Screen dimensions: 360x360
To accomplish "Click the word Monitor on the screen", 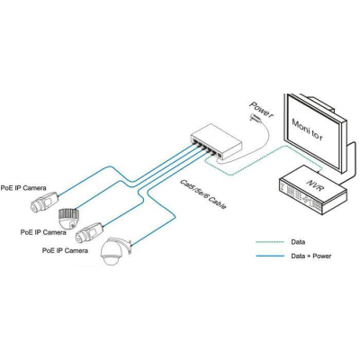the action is (x=308, y=130).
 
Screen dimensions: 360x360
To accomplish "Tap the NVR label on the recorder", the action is (x=315, y=184).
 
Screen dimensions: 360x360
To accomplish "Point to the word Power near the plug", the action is (x=261, y=110).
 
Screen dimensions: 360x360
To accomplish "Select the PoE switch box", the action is (x=216, y=141).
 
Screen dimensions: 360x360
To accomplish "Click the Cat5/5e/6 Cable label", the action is (x=202, y=194).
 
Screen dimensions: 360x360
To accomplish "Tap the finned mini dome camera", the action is (x=69, y=219).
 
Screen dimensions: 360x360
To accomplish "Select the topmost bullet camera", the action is (x=44, y=202).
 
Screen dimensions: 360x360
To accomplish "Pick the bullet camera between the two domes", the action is (x=89, y=232).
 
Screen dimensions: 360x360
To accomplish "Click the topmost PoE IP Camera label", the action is (x=23, y=188).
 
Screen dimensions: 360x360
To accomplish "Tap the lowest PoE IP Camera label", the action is (x=65, y=250).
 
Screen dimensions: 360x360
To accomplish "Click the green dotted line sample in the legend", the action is (x=270, y=242).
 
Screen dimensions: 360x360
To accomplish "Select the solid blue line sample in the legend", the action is (x=270, y=256).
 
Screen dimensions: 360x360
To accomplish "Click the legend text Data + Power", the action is (x=311, y=256).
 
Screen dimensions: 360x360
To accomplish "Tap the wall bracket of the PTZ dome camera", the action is (x=128, y=247).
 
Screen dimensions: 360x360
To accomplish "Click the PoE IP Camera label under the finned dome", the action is (x=43, y=232).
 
